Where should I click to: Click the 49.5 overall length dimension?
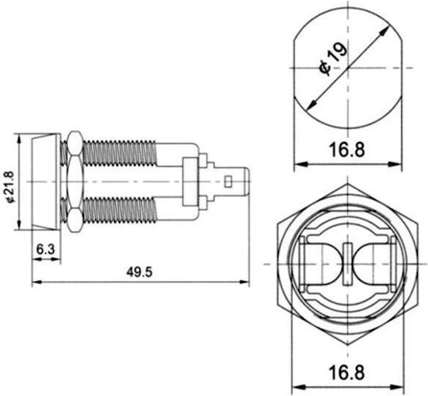(139, 272)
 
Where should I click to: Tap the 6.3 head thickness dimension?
(46, 249)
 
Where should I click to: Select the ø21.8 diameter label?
(10, 187)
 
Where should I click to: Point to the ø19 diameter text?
(333, 60)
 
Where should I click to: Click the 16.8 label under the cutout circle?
(347, 150)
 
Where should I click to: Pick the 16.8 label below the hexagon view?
(346, 372)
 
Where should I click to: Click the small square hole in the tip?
(228, 182)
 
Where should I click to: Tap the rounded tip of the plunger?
(246, 182)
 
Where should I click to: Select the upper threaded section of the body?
(119, 153)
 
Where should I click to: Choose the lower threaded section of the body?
(119, 210)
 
